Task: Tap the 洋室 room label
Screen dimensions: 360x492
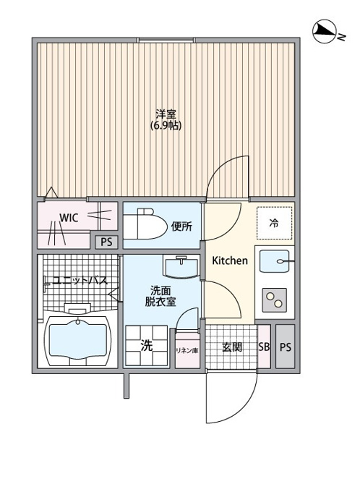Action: pyautogui.click(x=166, y=114)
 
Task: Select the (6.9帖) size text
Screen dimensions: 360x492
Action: pyautogui.click(x=166, y=125)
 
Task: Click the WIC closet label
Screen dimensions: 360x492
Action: pyautogui.click(x=69, y=218)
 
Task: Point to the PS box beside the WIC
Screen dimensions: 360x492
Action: pyautogui.click(x=106, y=242)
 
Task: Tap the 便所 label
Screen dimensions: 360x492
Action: pyautogui.click(x=182, y=226)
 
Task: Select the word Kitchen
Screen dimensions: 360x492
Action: pyautogui.click(x=230, y=260)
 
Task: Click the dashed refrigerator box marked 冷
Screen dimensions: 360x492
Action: pyautogui.click(x=275, y=223)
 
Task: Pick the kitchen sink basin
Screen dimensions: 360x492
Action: pyautogui.click(x=275, y=261)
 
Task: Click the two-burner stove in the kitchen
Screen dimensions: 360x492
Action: pyautogui.click(x=275, y=300)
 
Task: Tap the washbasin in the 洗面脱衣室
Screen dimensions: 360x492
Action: pyautogui.click(x=181, y=267)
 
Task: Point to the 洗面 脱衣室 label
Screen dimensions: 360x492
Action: pyautogui.click(x=160, y=296)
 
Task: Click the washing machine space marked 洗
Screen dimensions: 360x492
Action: pyautogui.click(x=147, y=345)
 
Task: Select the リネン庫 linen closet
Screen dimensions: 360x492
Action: pyautogui.click(x=187, y=350)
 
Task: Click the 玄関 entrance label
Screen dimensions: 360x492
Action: pyautogui.click(x=232, y=347)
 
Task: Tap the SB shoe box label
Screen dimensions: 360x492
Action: pyautogui.click(x=264, y=347)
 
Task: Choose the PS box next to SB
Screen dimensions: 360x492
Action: pyautogui.click(x=286, y=347)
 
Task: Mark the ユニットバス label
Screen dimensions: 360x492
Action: pyautogui.click(x=80, y=280)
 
